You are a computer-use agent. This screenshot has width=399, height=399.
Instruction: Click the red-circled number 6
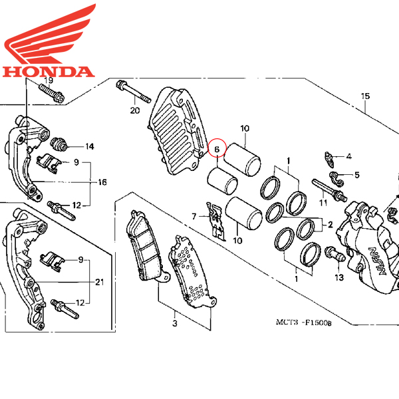tap(217, 149)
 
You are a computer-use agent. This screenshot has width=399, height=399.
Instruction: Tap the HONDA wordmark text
tap(49, 72)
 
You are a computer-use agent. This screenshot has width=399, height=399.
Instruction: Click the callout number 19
tap(49, 80)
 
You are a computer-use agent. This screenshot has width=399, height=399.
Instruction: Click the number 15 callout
tap(365, 96)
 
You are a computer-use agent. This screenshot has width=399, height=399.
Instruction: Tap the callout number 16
tap(102, 182)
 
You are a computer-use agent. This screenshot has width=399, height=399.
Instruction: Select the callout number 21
tap(100, 282)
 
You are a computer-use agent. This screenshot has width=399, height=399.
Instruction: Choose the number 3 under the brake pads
tap(175, 323)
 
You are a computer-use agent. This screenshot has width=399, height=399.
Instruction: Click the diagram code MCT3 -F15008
tap(304, 323)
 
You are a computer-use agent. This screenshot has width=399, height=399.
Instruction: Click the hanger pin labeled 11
tap(329, 190)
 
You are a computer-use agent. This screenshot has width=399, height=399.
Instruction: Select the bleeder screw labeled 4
tap(329, 160)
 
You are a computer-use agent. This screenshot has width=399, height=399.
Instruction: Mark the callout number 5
tap(357, 175)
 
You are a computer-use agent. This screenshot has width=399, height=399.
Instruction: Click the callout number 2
tap(331, 225)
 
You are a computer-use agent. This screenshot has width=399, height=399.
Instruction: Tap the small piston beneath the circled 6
tap(222, 181)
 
